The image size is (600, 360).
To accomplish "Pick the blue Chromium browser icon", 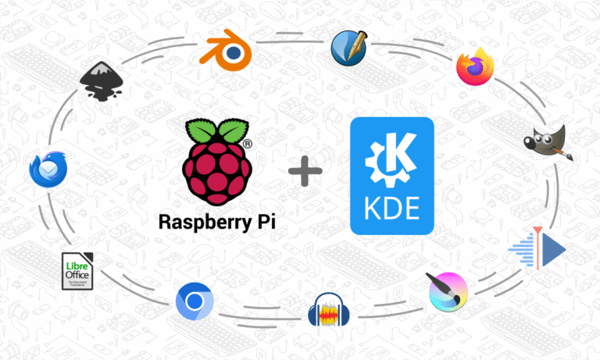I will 191,301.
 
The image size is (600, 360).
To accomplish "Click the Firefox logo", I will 477,66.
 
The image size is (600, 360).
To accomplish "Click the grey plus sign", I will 305,170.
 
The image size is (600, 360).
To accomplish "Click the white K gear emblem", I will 391,156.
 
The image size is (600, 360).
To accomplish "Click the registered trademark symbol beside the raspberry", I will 247,144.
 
